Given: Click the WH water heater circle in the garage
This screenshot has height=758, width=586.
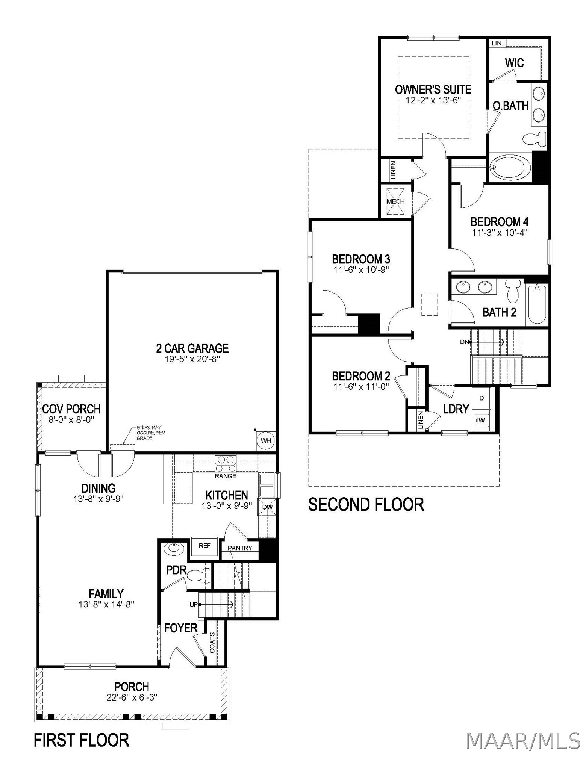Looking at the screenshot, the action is tap(266, 440).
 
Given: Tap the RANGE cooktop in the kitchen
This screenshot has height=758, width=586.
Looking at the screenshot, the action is tap(226, 463).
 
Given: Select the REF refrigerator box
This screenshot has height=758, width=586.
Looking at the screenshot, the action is tap(204, 546).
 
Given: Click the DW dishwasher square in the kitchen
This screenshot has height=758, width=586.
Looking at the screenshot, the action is tap(267, 507).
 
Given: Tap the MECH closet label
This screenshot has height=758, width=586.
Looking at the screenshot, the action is tap(395, 201).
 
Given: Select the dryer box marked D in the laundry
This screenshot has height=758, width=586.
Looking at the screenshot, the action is tap(482, 398).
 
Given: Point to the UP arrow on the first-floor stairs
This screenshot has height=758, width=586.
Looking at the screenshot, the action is tap(217, 605).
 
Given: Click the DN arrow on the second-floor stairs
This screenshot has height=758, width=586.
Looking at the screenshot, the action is tap(487, 342).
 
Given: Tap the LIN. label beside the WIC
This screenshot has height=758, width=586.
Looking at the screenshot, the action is tap(497, 43).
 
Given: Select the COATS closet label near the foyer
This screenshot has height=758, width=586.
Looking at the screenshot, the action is tap(212, 643).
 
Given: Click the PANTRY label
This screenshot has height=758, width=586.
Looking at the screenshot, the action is tap(240, 548).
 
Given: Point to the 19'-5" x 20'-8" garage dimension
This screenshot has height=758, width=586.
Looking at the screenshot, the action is tap(192, 359).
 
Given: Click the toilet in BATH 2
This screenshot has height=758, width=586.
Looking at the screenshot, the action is tap(512, 291).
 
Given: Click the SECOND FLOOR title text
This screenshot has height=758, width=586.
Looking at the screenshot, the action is tap(366, 504).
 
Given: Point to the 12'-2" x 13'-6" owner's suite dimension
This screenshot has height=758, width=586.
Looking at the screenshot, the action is tap(433, 100).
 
